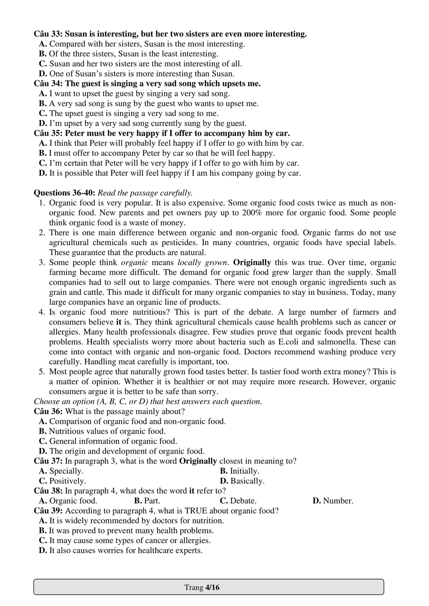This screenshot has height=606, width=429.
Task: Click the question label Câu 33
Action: (x=48, y=34)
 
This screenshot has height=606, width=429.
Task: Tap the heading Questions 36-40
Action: (x=64, y=193)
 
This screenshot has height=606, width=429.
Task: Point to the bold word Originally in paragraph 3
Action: (x=252, y=263)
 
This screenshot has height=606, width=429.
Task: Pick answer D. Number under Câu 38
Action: (x=333, y=501)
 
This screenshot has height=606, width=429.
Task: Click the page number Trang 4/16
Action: (x=202, y=587)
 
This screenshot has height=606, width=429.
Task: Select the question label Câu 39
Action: (x=48, y=511)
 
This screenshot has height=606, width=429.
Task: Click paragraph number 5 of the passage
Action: (x=42, y=372)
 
